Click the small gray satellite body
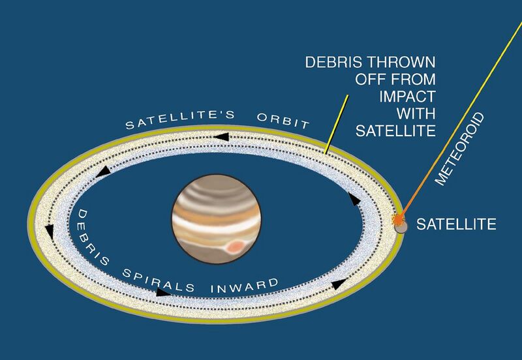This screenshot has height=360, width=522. [x=401, y=227]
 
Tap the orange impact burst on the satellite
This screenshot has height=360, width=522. [x=398, y=219]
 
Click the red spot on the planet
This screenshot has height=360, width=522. [x=235, y=247]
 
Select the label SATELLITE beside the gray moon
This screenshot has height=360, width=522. [x=456, y=224]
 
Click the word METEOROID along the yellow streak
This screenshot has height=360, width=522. [x=460, y=149]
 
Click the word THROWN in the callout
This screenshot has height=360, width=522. [x=401, y=62]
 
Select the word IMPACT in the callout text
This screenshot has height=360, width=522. [x=407, y=97]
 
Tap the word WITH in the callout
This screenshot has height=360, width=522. [x=416, y=113]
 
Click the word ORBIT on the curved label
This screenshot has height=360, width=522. [x=283, y=121]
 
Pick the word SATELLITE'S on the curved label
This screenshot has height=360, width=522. [x=180, y=119]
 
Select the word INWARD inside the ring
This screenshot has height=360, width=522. [x=245, y=286]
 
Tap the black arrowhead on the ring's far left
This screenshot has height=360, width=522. [x=50, y=232]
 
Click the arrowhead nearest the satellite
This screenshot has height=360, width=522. [x=354, y=199]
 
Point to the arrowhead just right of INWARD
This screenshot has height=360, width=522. [x=339, y=284]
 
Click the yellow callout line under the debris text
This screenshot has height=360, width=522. [x=336, y=125]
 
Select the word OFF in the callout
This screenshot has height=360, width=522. [x=370, y=79]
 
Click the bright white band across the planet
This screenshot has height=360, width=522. [x=216, y=225]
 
